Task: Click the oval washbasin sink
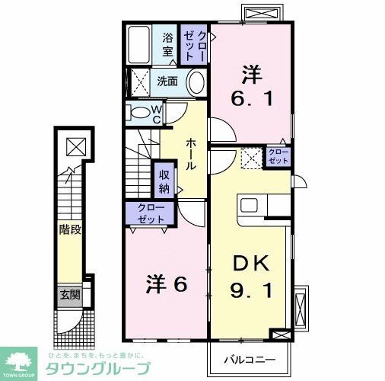click(x=196, y=82)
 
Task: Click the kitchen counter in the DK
click(x=264, y=206)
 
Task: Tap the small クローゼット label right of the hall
click(x=278, y=157)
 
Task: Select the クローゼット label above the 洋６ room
click(x=151, y=213)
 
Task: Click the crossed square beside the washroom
click(x=139, y=81)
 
